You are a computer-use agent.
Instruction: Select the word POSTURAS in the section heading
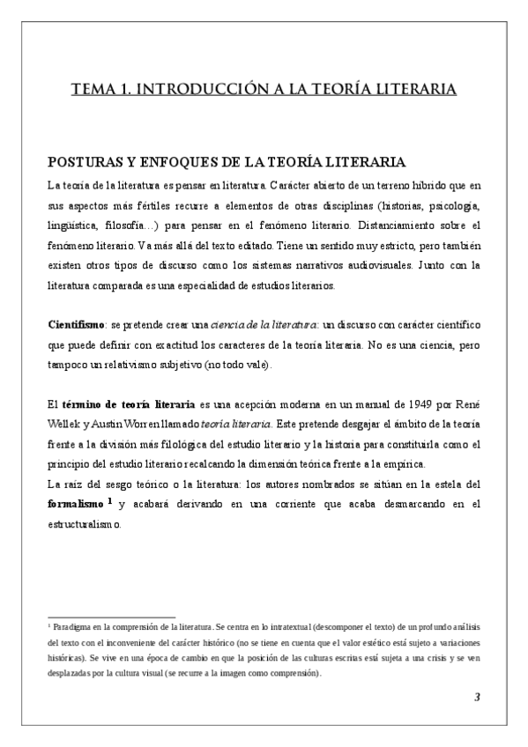[x=85, y=164]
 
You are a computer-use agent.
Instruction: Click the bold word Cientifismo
[x=77, y=325]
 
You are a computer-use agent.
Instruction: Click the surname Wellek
[x=64, y=423]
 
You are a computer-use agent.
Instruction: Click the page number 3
[x=477, y=699]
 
